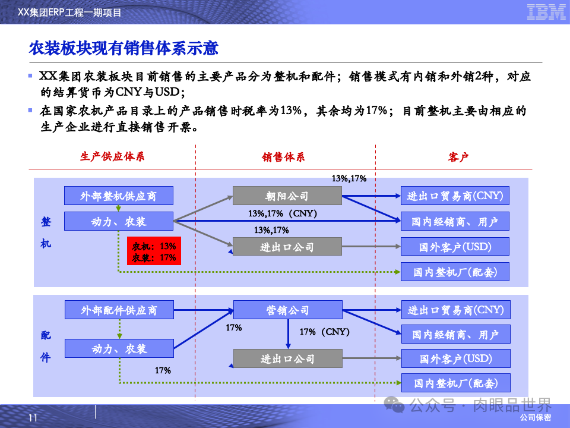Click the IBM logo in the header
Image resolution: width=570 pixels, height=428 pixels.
546,12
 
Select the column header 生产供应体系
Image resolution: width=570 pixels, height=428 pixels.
112,157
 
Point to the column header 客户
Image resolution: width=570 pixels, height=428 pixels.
458,157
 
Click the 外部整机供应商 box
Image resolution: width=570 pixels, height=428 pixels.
119,196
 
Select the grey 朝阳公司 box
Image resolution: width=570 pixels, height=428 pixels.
287,196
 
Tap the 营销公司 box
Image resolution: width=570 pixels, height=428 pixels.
287,310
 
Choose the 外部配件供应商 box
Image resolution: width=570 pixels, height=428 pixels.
119,310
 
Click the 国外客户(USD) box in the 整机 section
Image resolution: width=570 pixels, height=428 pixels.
455,247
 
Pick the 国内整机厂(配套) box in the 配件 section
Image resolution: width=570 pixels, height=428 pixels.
455,383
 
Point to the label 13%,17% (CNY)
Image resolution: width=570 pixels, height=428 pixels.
283,213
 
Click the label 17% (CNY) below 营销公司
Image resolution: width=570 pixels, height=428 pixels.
324,332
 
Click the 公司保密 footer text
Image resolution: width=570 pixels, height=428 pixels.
535,418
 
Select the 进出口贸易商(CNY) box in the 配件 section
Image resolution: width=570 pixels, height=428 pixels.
455,310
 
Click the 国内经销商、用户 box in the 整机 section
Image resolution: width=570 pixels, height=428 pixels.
455,222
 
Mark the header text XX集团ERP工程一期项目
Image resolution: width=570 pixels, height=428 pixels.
70,12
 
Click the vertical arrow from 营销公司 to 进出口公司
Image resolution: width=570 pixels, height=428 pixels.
288,333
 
